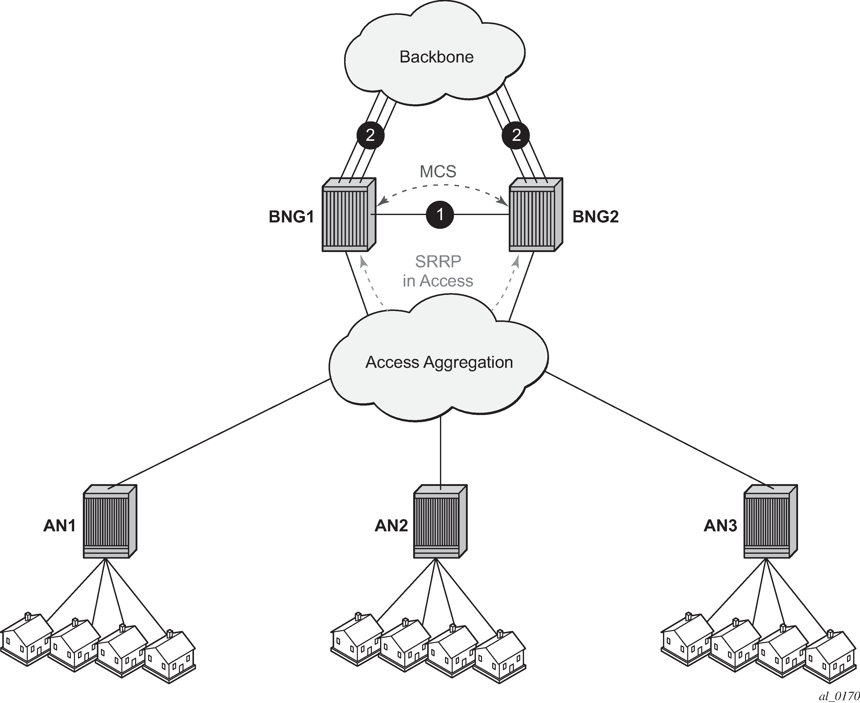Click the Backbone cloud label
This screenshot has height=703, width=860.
coord(436,57)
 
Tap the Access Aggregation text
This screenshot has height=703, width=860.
coord(439,362)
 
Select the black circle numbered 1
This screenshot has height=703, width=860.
coord(440,214)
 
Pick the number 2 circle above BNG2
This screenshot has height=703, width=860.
coord(516,135)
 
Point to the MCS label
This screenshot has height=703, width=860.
coord(438,172)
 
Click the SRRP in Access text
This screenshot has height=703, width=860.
coord(438,271)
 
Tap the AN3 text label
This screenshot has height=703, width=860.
coord(720,526)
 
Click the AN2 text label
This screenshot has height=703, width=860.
coord(391,526)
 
